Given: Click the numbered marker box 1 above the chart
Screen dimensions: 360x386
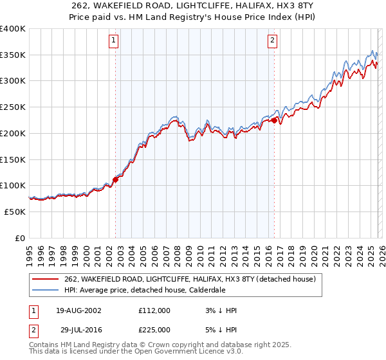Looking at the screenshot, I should click(113, 40).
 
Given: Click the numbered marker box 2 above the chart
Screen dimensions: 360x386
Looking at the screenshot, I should click(272, 40).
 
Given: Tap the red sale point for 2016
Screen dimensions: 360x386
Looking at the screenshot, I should click(275, 120).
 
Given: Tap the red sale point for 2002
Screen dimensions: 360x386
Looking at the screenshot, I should click(116, 179).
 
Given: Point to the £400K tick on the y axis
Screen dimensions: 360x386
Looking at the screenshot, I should click(13, 29).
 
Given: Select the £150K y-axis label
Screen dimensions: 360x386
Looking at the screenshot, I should click(13, 159).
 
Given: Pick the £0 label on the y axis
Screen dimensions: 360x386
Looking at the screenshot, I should click(21, 237).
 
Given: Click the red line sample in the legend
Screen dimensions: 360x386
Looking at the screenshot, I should click(45, 280).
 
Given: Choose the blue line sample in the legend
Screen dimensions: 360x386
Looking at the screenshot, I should click(45, 291).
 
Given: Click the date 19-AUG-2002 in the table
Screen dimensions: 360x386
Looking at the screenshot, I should click(78, 310).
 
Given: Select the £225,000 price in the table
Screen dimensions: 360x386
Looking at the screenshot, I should click(154, 330).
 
